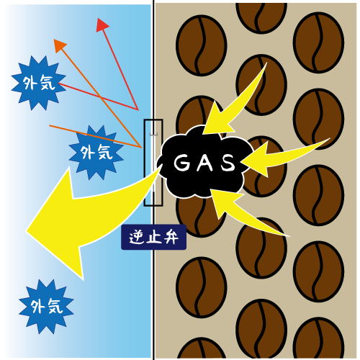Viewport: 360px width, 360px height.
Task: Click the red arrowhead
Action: click(102, 25)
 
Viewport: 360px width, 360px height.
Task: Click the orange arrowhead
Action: click(59, 45)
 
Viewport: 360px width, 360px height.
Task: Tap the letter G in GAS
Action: click(181, 163)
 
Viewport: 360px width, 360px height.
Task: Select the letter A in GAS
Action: click(204, 163)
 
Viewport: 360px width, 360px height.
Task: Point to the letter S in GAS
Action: click(228, 163)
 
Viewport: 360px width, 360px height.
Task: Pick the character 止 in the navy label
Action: click(153, 238)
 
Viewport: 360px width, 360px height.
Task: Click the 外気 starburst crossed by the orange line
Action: click(96, 153)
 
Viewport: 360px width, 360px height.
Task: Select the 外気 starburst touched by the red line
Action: click(38, 83)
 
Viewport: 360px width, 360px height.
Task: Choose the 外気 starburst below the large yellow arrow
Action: click(46, 307)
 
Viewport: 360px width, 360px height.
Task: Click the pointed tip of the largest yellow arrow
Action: click(26, 231)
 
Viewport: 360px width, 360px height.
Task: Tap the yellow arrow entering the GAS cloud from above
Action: click(230, 103)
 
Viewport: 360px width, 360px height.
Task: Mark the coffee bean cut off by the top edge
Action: click(261, 17)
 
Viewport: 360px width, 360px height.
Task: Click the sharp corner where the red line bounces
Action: click(138, 110)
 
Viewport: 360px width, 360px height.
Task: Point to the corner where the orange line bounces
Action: click(141, 147)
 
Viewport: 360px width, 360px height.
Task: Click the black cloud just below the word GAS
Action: click(204, 185)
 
